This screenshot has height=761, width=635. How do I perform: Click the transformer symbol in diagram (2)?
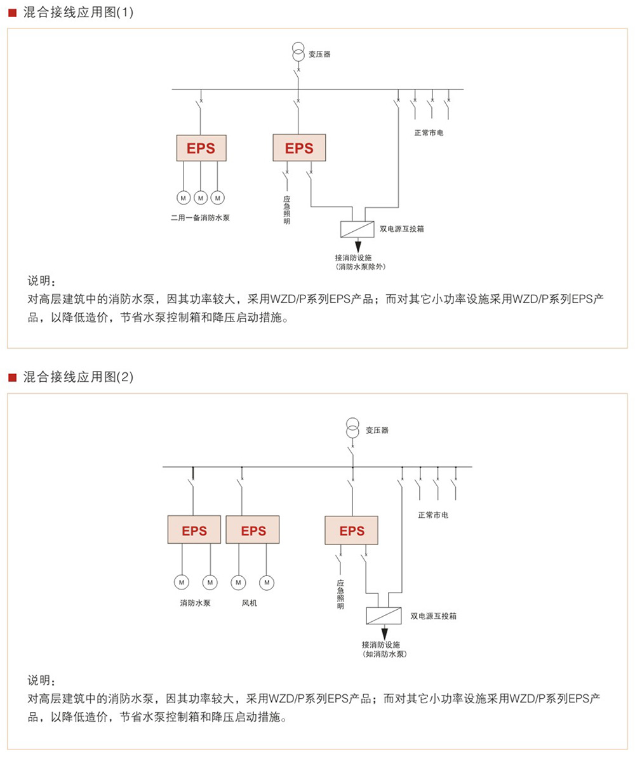tap(352, 429)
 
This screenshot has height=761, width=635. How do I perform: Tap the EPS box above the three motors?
tap(200, 149)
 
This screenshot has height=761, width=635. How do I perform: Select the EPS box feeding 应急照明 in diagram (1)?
tap(299, 149)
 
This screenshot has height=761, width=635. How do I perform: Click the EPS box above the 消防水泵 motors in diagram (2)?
tap(194, 530)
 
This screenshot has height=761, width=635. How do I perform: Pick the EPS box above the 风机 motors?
tap(253, 530)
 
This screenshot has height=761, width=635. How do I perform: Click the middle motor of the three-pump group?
tap(200, 198)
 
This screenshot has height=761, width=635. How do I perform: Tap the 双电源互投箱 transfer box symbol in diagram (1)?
tap(358, 228)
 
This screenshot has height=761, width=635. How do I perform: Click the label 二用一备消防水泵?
tap(200, 218)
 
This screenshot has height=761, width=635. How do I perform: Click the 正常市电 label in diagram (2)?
tap(433, 515)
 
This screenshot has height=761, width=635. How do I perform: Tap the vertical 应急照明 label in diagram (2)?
tap(340, 594)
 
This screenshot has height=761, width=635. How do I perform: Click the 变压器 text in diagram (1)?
tap(319, 54)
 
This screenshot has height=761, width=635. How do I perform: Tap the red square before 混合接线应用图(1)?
tap(11, 13)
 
